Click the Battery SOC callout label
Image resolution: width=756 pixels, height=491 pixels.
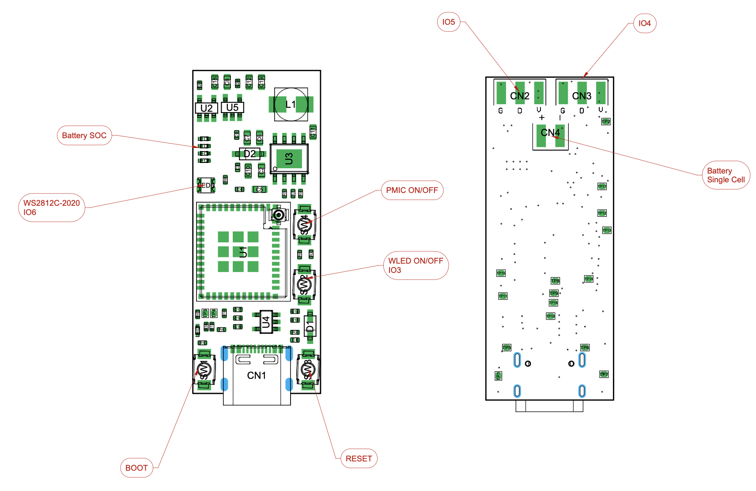84,136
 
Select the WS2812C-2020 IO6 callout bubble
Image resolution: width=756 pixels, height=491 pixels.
52,208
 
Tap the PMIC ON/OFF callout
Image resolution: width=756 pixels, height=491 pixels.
412,190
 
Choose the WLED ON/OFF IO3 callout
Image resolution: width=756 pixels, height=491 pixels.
415,265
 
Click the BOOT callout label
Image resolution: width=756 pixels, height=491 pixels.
136,468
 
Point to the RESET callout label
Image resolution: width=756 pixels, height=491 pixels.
359,459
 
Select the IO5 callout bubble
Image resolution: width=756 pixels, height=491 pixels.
448,22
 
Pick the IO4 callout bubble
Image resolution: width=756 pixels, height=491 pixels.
644,23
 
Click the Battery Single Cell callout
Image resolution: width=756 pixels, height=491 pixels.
726,175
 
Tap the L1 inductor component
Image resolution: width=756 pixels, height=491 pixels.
291,104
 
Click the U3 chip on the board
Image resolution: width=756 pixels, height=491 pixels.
289,159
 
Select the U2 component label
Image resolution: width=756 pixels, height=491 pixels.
206,108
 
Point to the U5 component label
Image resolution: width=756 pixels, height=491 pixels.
232,107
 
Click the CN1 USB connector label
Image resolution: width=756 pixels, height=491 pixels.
257,375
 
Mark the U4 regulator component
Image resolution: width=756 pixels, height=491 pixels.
266,322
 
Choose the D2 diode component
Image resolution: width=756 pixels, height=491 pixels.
249,154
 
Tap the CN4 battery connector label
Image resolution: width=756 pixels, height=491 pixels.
550,132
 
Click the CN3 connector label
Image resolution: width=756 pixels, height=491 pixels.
582,96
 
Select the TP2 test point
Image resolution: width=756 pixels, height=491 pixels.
606,121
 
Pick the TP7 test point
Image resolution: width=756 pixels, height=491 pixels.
604,374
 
